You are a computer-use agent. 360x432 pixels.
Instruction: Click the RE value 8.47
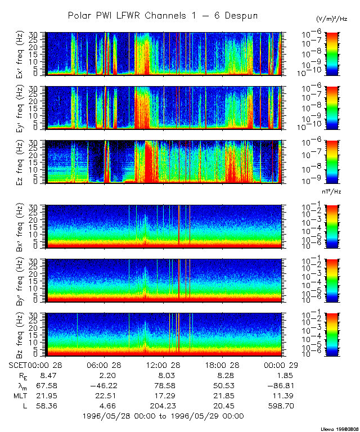(x=46, y=376)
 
